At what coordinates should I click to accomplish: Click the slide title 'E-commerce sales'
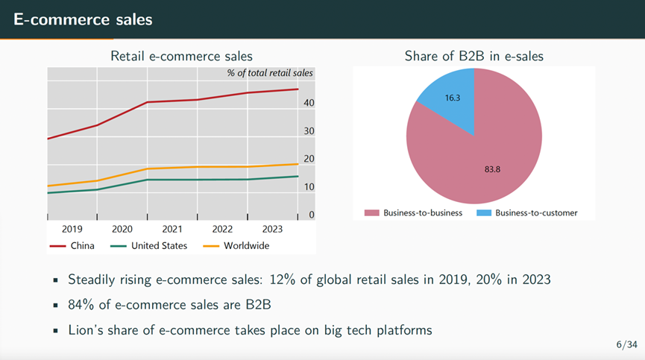pyautogui.click(x=83, y=19)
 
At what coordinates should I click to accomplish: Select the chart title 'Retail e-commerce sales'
pyautogui.click(x=181, y=56)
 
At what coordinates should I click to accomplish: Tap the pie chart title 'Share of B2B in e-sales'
pyautogui.click(x=473, y=56)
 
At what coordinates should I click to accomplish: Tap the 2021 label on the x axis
pyautogui.click(x=172, y=229)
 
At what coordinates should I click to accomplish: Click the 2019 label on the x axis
pyautogui.click(x=72, y=229)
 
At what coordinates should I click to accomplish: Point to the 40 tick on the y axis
pyautogui.click(x=310, y=103)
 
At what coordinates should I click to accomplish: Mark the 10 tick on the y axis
pyautogui.click(x=310, y=187)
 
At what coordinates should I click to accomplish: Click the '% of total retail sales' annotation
pyautogui.click(x=270, y=73)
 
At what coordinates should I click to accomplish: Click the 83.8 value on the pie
pyautogui.click(x=492, y=169)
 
